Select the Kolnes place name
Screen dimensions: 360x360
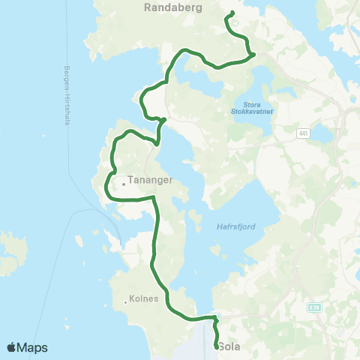[145, 298]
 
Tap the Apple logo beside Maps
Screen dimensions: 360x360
[12, 347]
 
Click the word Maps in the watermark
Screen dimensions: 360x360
[33, 347]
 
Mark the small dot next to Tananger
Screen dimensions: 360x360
[124, 183]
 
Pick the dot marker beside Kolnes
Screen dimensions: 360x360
[125, 302]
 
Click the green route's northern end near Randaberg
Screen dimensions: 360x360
[232, 13]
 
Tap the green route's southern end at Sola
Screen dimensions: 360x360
[217, 346]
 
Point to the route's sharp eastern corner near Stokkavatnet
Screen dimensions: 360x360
[254, 54]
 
